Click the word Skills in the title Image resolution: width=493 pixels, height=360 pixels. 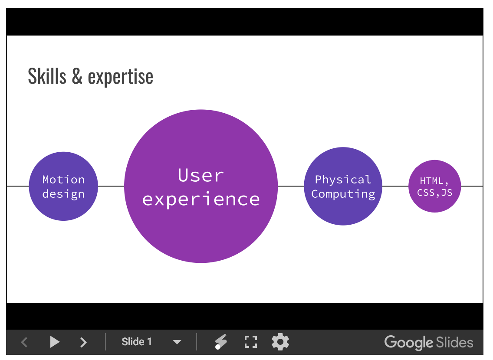(47, 76)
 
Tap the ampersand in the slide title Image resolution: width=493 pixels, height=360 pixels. (77, 76)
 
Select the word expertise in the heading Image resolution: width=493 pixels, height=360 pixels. (120, 77)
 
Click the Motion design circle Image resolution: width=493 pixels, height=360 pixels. (63, 186)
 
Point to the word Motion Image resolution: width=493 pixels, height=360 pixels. (63, 180)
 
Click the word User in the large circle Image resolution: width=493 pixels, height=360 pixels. (200, 175)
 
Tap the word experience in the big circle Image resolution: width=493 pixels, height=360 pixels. (201, 200)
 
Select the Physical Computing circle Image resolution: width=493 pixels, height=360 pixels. (343, 186)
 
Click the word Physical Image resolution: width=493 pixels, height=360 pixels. (343, 180)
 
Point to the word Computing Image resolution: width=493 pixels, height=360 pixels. (343, 194)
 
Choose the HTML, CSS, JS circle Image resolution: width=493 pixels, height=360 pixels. (435, 186)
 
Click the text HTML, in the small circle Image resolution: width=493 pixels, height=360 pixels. (434, 181)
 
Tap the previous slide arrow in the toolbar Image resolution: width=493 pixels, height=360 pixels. (25, 342)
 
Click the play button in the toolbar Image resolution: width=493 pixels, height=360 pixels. (55, 342)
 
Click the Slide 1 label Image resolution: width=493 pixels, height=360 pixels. (137, 342)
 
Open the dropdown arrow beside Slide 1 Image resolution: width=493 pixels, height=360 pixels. (177, 342)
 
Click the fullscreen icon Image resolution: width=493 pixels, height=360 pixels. (251, 342)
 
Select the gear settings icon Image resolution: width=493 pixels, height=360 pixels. (280, 342)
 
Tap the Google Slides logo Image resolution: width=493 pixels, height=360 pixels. (429, 342)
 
